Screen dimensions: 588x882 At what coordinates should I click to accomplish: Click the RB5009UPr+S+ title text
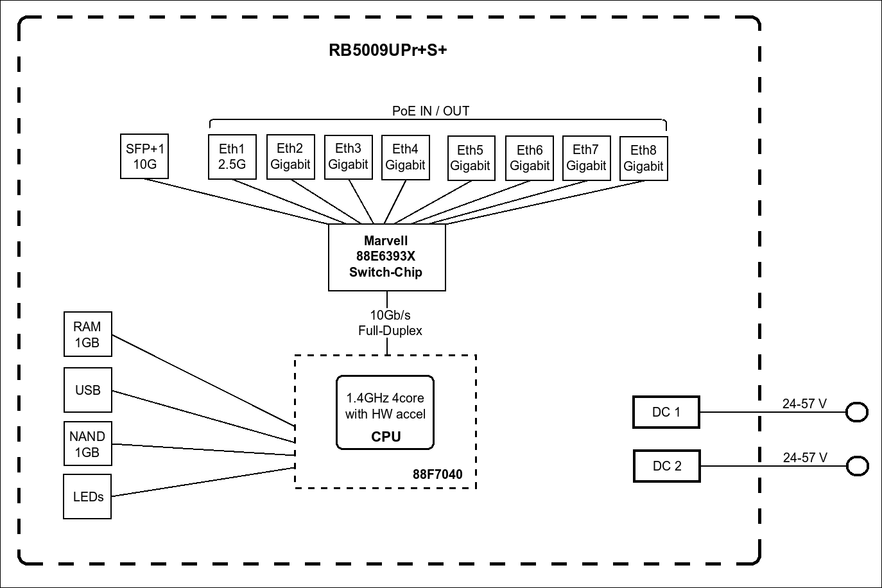pos(388,50)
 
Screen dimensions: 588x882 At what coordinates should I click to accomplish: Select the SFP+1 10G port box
pos(144,156)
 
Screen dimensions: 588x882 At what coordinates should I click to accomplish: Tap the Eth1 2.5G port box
pos(232,157)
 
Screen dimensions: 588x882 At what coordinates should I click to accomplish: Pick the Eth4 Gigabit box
pos(405,157)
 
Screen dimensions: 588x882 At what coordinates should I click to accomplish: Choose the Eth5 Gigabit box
pos(470,158)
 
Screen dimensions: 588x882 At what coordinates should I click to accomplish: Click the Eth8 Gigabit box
pos(643,159)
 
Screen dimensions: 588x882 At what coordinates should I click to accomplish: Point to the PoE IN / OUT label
pos(431,111)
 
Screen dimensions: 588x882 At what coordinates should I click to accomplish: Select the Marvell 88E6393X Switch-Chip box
pos(386,257)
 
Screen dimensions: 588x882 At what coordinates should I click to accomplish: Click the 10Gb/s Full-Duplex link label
pos(389,323)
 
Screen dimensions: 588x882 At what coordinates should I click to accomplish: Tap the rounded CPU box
pos(385,412)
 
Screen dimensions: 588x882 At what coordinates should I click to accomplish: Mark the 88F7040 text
pos(437,474)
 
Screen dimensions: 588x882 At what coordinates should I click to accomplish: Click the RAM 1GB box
pos(87,334)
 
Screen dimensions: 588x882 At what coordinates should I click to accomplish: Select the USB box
pos(88,390)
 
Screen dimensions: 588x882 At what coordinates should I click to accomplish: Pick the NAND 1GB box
pos(87,444)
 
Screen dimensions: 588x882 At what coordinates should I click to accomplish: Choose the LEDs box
pos(88,496)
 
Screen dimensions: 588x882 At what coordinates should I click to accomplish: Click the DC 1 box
pos(666,412)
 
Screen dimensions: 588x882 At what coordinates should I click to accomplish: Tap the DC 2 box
pos(666,466)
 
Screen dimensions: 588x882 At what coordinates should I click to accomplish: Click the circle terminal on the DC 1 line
pos(856,412)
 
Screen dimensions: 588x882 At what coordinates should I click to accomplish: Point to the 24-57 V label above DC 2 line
pos(805,458)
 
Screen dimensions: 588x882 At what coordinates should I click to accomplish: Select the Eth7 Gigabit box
pos(586,158)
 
